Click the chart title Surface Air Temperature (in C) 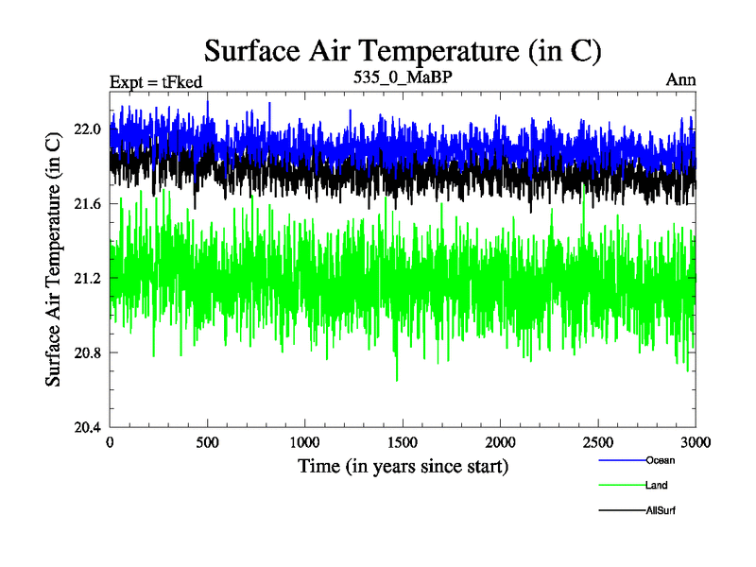[x=403, y=51]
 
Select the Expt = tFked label [x=156, y=82]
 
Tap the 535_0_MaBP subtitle [x=403, y=77]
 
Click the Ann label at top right [x=680, y=79]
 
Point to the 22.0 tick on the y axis [x=87, y=129]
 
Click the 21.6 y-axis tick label [x=87, y=204]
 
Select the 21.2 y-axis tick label [x=87, y=278]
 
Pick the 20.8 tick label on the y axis [x=87, y=352]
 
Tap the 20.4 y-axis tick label [x=87, y=427]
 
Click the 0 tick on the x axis [x=110, y=442]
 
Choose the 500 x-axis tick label [x=207, y=442]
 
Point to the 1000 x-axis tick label [x=304, y=442]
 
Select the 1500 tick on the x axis [x=403, y=442]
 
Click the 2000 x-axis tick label [x=500, y=442]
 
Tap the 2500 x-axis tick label [x=598, y=442]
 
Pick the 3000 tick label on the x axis [x=696, y=442]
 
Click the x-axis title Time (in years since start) [x=404, y=467]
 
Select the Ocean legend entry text [x=661, y=460]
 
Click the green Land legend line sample [x=623, y=485]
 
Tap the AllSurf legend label [x=661, y=510]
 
